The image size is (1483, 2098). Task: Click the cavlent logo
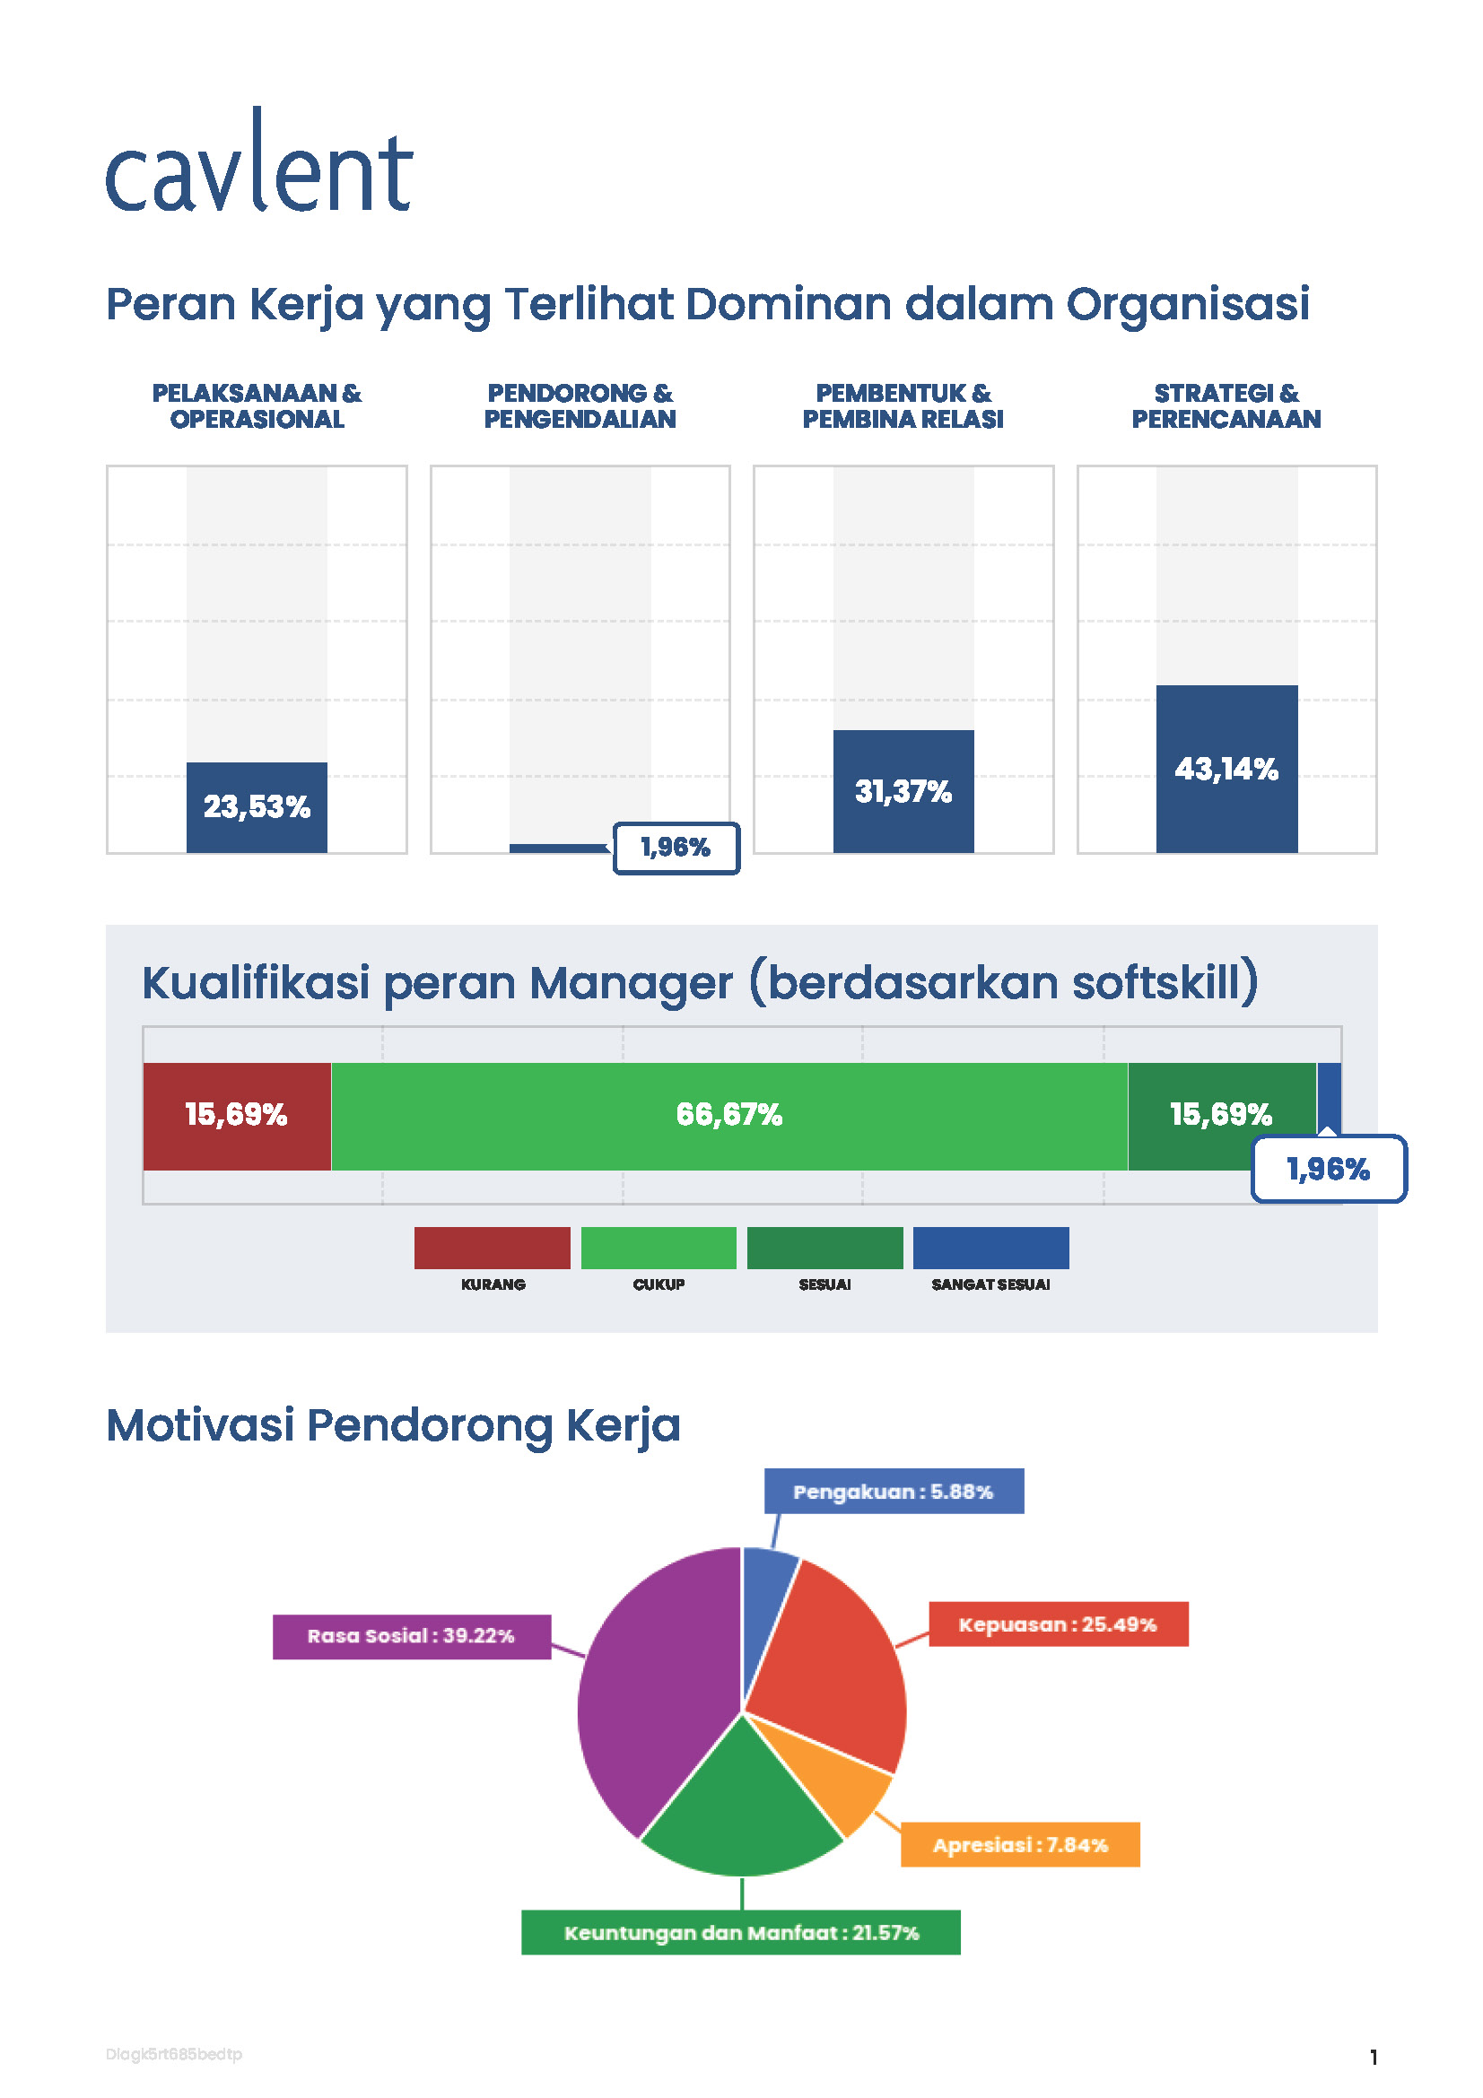pyautogui.click(x=258, y=162)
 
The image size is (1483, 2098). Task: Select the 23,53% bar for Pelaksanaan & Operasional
pyautogui.click(x=257, y=807)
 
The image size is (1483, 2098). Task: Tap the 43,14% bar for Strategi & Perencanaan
pyautogui.click(x=1226, y=769)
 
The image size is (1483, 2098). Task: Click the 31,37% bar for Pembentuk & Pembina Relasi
pyautogui.click(x=903, y=791)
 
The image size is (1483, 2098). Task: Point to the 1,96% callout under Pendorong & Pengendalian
pyautogui.click(x=676, y=848)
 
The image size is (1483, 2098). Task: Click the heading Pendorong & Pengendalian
pyautogui.click(x=580, y=405)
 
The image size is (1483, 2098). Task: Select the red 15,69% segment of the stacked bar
pyautogui.click(x=237, y=1115)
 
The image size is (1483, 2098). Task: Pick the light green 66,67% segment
pyautogui.click(x=728, y=1115)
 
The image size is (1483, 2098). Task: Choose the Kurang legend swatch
pyautogui.click(x=492, y=1249)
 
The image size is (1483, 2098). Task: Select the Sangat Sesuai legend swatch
pyautogui.click(x=990, y=1249)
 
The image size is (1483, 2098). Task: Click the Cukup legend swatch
pyautogui.click(x=658, y=1249)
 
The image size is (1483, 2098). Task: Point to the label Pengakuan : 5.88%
pyautogui.click(x=893, y=1492)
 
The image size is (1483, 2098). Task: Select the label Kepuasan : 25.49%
pyautogui.click(x=1057, y=1624)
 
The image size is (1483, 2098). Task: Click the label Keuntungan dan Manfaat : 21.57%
pyautogui.click(x=740, y=1933)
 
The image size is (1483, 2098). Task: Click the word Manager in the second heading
pyautogui.click(x=631, y=983)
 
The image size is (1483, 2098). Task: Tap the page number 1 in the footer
pyautogui.click(x=1373, y=2057)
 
